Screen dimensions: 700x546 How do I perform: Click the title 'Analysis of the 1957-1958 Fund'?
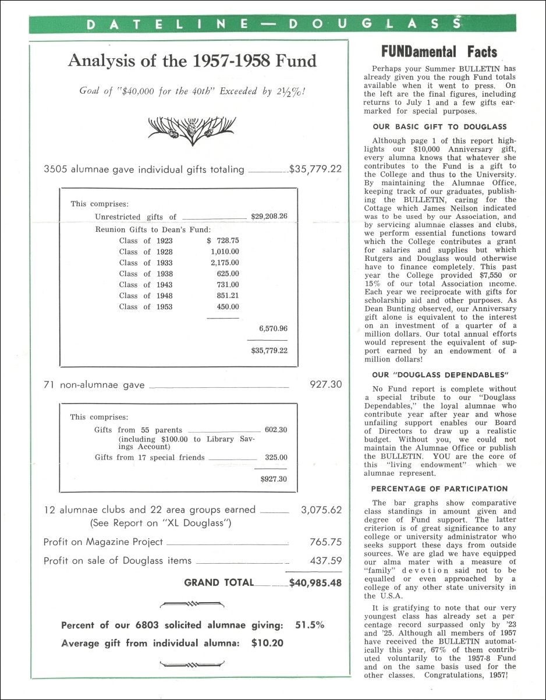[192, 61]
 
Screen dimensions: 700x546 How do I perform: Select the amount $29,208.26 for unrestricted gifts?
[269, 217]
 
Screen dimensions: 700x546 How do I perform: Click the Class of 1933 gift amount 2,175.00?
[225, 263]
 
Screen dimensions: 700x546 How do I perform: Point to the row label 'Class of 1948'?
[146, 296]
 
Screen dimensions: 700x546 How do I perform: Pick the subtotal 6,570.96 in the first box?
[273, 328]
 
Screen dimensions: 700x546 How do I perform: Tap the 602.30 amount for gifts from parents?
[276, 430]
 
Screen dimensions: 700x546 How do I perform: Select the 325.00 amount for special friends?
[276, 458]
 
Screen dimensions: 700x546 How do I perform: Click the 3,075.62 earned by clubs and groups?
[321, 510]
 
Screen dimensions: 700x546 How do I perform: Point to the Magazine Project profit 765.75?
[325, 542]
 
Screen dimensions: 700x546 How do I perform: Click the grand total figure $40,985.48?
[315, 582]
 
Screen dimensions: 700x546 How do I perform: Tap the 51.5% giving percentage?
[310, 625]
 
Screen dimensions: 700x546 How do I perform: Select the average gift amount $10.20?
[267, 644]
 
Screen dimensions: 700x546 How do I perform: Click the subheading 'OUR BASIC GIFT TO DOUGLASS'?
[439, 126]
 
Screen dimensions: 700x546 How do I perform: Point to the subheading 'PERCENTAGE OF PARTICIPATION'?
[439, 489]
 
